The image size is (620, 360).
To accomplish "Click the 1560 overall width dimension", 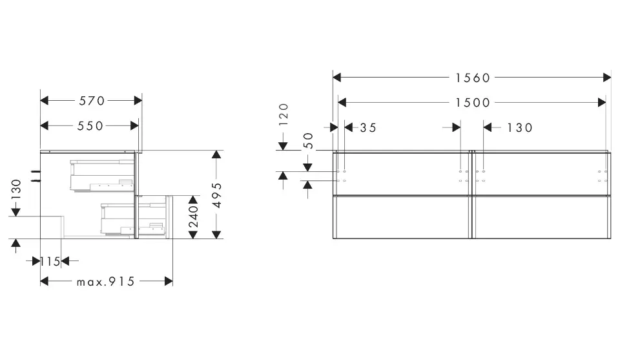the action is [x=473, y=78].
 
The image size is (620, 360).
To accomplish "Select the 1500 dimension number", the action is [x=473, y=103].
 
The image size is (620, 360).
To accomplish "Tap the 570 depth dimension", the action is [x=92, y=101].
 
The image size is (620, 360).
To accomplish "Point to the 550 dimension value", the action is [x=90, y=126].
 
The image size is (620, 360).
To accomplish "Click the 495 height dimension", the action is [x=217, y=195].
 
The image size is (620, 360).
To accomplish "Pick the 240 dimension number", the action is [x=193, y=217].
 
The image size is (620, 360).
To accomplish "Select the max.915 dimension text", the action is [x=105, y=282].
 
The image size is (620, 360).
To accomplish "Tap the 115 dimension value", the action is [x=50, y=262].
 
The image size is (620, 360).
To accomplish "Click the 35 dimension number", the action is [x=368, y=128].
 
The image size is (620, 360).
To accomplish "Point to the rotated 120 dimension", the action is [x=284, y=114].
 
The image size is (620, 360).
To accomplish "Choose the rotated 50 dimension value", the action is [x=309, y=141].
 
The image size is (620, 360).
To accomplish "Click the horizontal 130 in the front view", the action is [x=520, y=128].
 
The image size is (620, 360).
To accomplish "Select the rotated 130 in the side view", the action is [x=15, y=189].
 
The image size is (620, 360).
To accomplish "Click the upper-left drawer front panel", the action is [x=402, y=174].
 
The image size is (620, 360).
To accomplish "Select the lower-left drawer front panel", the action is [x=402, y=217].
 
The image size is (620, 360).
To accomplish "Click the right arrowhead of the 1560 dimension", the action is [x=607, y=78].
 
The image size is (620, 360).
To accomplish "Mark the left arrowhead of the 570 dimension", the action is [x=45, y=100].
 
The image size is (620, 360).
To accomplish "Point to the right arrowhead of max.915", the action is [x=169, y=281].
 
